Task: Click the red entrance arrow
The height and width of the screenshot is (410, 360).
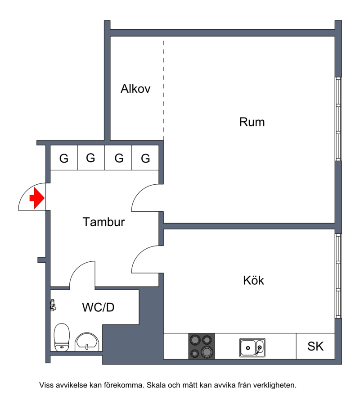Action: pyautogui.click(x=37, y=198)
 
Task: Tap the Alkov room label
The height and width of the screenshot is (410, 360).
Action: pyautogui.click(x=135, y=89)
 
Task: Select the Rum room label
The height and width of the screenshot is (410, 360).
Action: pyautogui.click(x=252, y=122)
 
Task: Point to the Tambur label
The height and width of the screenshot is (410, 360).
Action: pyautogui.click(x=103, y=222)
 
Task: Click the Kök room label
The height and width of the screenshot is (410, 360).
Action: pyautogui.click(x=253, y=280)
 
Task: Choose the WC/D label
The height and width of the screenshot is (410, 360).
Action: pyautogui.click(x=98, y=307)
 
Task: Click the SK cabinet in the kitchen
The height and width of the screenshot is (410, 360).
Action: pyautogui.click(x=315, y=346)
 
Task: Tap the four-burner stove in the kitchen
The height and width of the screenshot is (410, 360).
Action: pyautogui.click(x=202, y=346)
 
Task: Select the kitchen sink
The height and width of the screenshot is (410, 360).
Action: pyautogui.click(x=252, y=348)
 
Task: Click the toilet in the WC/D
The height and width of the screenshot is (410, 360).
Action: pyautogui.click(x=62, y=337)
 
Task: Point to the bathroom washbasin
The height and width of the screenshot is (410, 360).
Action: pyautogui.click(x=87, y=342)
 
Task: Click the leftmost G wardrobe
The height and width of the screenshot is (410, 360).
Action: pyautogui.click(x=64, y=158)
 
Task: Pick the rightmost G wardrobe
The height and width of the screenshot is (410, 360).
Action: pyautogui.click(x=145, y=158)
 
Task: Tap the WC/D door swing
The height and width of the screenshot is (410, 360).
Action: pyautogui.click(x=77, y=269)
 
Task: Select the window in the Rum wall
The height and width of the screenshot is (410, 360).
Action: pyautogui.click(x=338, y=119)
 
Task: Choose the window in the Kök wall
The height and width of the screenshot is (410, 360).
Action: pyautogui.click(x=338, y=276)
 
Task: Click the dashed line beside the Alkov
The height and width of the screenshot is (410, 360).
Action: pyautogui.click(x=163, y=91)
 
